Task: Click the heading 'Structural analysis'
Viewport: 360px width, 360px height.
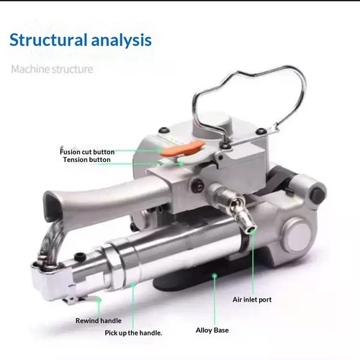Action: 81,40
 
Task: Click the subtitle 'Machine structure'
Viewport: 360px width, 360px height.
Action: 52,69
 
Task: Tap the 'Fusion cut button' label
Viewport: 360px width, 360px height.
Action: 87,152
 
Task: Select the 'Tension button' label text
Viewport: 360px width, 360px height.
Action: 87,160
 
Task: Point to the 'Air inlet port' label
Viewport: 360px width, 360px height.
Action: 252,300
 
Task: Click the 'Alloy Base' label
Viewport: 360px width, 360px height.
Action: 212,330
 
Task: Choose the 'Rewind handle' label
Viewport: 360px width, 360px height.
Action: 99,320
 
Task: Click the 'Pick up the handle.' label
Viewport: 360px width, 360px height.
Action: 133,333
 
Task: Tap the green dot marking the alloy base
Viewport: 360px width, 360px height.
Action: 215,276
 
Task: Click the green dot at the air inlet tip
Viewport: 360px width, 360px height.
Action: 252,230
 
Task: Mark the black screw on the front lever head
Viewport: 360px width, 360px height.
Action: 80,257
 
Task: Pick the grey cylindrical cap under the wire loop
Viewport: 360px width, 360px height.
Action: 212,127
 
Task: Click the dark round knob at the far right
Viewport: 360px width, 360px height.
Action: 318,194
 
